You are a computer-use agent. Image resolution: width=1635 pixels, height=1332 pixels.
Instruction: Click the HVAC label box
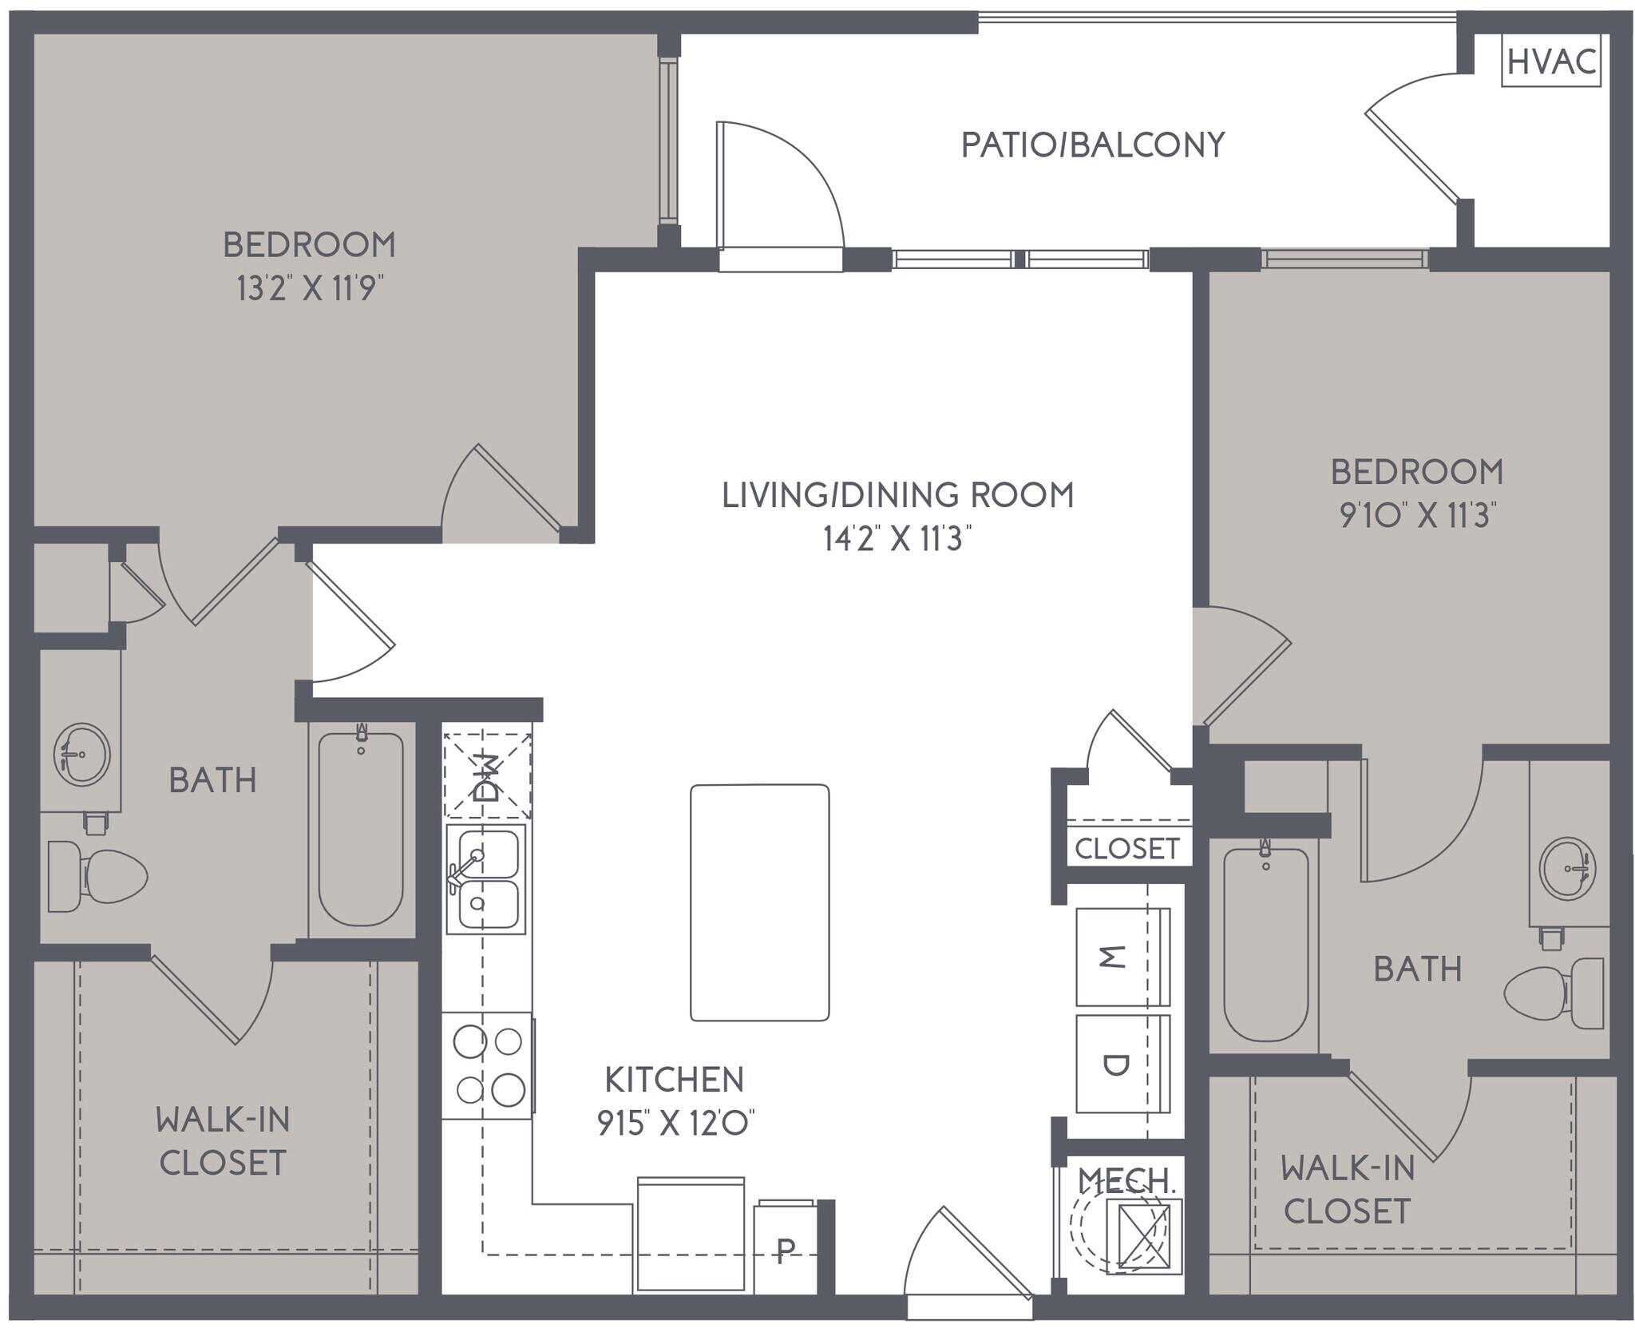click(1550, 61)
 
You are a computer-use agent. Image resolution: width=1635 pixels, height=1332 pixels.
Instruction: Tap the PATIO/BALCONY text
click(1092, 145)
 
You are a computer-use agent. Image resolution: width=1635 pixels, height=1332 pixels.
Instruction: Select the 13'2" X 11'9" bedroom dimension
click(306, 288)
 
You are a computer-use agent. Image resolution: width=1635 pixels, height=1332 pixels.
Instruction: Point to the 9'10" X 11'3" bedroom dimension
click(1417, 515)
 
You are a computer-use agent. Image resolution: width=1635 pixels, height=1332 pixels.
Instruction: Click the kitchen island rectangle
click(759, 902)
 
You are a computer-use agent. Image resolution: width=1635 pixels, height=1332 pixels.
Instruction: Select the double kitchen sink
click(485, 878)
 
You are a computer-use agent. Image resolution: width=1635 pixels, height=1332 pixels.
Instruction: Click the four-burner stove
click(487, 1065)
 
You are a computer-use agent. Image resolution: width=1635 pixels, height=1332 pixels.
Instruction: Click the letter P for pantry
click(786, 1251)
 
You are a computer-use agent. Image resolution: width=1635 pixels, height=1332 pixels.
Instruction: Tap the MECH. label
click(1126, 1180)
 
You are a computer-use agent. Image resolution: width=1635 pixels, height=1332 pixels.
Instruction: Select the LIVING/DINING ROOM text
click(897, 495)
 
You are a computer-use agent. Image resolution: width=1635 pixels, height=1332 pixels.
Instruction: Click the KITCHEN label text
click(675, 1080)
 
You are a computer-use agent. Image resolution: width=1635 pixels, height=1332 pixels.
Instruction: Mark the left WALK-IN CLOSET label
click(223, 1141)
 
